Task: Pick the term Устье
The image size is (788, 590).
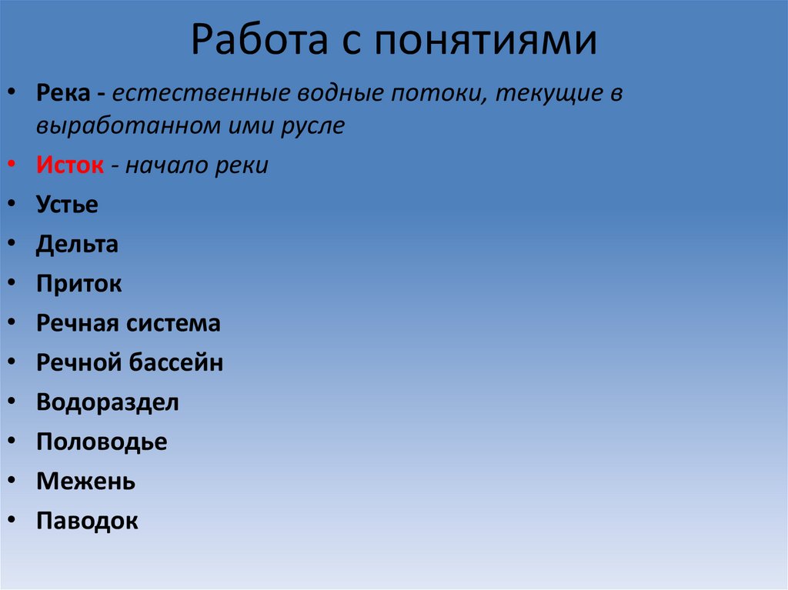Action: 67,205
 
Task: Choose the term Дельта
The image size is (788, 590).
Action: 77,245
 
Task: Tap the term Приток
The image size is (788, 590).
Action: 78,285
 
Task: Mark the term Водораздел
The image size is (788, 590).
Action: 107,402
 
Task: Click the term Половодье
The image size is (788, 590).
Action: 101,442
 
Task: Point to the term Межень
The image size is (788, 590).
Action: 85,482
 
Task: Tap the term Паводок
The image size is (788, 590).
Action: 87,522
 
